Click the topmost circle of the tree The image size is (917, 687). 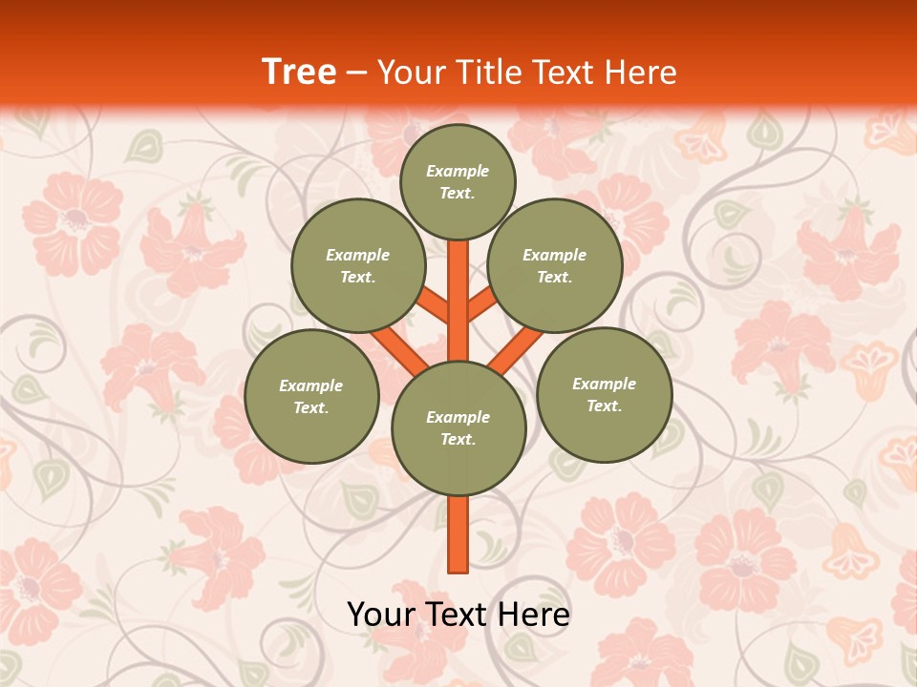458,181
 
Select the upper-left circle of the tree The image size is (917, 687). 358,265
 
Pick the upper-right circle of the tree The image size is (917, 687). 555,265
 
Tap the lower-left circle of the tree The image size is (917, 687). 311,396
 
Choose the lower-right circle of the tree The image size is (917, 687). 605,394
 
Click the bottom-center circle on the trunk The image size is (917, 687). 458,428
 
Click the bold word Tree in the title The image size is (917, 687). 299,72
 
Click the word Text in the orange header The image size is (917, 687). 565,73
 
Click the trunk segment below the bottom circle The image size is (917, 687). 458,533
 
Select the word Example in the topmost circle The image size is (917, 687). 458,172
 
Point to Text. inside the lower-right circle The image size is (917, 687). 604,406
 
